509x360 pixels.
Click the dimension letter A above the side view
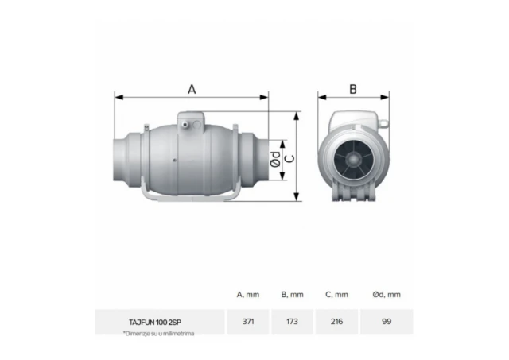pyautogui.click(x=192, y=89)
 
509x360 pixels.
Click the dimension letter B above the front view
pyautogui.click(x=353, y=89)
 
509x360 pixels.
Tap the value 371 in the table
pyautogui.click(x=247, y=322)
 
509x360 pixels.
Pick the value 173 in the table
pyautogui.click(x=292, y=322)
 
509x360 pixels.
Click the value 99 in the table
pyautogui.click(x=386, y=322)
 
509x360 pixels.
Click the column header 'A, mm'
pyautogui.click(x=247, y=295)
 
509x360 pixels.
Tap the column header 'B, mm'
pyautogui.click(x=292, y=295)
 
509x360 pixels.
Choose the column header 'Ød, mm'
pyautogui.click(x=386, y=295)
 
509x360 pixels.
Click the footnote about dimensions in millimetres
pyautogui.click(x=158, y=334)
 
